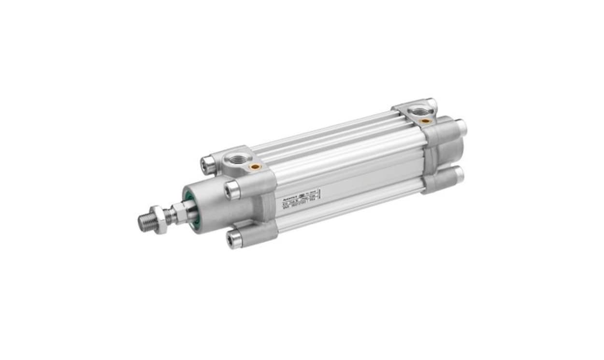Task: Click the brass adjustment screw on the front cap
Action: (255, 167)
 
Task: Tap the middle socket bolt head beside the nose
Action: (231, 190)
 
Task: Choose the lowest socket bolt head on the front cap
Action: (235, 239)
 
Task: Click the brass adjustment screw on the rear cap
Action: (426, 121)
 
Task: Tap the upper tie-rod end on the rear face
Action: (461, 127)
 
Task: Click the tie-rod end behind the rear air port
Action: (431, 104)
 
